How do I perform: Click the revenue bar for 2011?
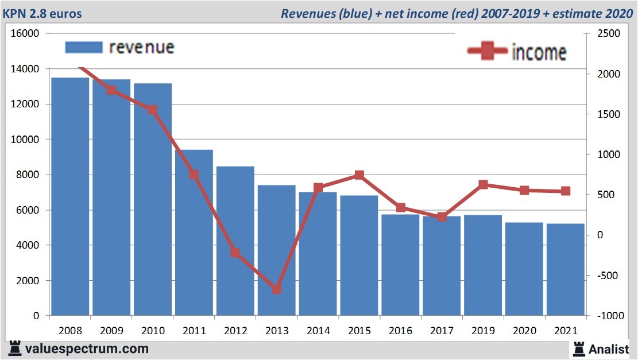(x=194, y=233)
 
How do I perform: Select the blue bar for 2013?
(x=276, y=250)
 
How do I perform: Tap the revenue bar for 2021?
(x=565, y=269)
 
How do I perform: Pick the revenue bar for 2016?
(x=400, y=265)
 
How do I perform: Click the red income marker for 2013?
(x=277, y=289)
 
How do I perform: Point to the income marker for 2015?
(x=359, y=175)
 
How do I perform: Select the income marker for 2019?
(x=483, y=184)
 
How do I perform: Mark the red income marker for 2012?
(x=235, y=253)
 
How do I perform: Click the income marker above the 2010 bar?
(x=152, y=110)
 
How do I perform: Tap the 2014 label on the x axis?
(x=318, y=331)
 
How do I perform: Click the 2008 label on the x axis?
(x=70, y=331)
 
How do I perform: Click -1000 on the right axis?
(x=608, y=316)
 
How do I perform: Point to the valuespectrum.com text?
(x=87, y=349)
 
